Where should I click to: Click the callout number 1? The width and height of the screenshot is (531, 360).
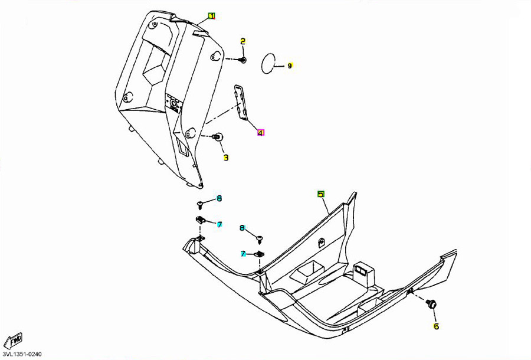[212, 16]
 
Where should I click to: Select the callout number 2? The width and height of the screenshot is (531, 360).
[242, 41]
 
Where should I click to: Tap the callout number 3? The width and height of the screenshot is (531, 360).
[225, 158]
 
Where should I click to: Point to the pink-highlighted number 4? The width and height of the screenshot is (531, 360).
[260, 133]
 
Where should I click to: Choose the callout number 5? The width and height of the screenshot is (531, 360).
[321, 194]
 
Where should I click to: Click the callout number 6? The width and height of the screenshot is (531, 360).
[436, 326]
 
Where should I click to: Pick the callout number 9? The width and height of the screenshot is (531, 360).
[290, 66]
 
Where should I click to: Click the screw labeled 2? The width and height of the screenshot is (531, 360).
[242, 60]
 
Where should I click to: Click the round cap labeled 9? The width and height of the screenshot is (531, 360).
[269, 64]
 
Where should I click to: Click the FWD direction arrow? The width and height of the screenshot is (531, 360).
[12, 341]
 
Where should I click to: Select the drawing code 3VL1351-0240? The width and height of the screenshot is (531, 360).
[23, 354]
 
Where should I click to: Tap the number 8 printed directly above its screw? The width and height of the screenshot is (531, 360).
[242, 227]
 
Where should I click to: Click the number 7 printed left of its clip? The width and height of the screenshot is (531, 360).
[242, 254]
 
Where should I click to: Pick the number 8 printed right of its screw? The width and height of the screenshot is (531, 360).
[219, 198]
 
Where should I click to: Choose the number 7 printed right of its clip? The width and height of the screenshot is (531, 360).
[219, 225]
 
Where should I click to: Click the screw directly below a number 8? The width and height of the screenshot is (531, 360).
[261, 238]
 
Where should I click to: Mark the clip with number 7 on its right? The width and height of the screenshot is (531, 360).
[201, 220]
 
